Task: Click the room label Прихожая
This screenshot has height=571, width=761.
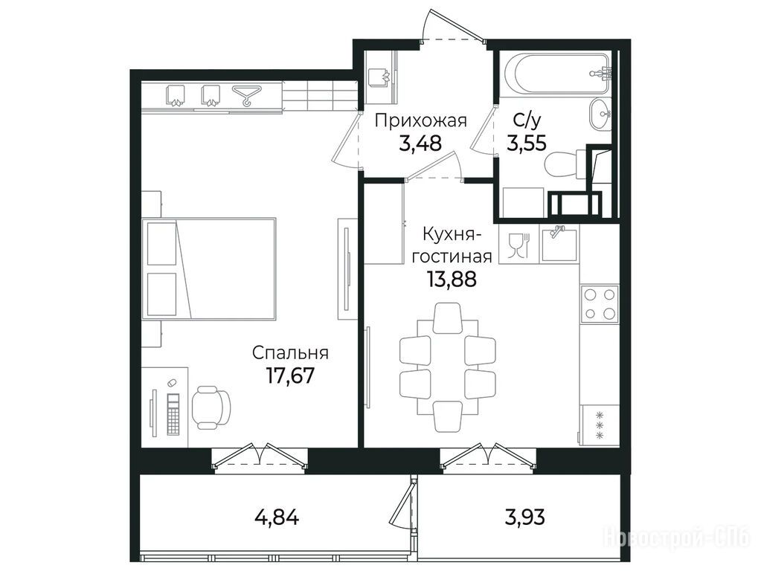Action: [x=421, y=120]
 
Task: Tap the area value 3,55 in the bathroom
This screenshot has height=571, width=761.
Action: [x=527, y=143]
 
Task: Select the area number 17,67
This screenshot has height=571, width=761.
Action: [x=290, y=375]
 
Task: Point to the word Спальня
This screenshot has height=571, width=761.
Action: [x=290, y=352]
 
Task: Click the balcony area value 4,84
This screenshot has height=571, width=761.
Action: [x=277, y=517]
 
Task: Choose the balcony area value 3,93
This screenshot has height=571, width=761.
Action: [x=524, y=517]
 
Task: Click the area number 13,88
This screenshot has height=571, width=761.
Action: [x=452, y=279]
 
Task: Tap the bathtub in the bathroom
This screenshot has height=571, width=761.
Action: [x=556, y=74]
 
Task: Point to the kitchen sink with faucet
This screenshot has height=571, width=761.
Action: [x=559, y=244]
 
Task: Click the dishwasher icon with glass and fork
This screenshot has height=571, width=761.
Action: [x=518, y=245]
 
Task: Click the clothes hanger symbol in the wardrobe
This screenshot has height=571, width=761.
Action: [x=247, y=95]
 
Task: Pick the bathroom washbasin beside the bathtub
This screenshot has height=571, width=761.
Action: [x=600, y=115]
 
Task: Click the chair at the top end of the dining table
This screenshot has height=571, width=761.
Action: [x=446, y=317]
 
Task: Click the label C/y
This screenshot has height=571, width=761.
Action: [x=527, y=120]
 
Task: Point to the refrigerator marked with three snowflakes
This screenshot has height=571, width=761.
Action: [x=600, y=425]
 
